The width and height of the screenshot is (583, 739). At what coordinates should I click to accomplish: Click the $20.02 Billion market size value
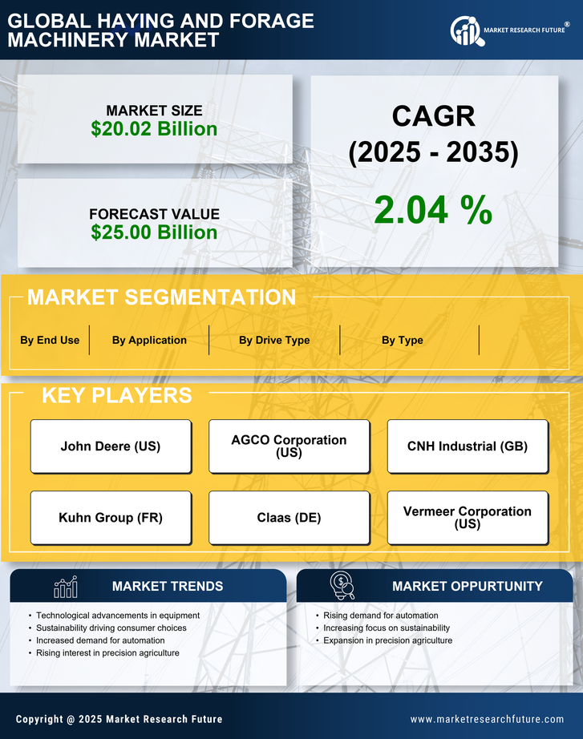click(154, 129)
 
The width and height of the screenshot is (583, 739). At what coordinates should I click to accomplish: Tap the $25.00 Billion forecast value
click(154, 232)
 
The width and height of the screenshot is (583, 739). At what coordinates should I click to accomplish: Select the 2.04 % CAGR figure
click(433, 210)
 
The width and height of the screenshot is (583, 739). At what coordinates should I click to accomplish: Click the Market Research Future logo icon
click(466, 31)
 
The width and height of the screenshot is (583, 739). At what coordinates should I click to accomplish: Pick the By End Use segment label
click(50, 340)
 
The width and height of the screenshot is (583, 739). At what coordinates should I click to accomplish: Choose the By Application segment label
click(149, 340)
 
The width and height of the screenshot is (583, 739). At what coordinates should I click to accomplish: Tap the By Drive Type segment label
click(274, 340)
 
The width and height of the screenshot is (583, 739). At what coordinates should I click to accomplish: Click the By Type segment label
click(403, 340)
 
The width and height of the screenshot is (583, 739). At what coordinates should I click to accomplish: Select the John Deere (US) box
click(111, 446)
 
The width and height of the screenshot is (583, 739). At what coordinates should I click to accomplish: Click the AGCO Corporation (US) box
click(289, 446)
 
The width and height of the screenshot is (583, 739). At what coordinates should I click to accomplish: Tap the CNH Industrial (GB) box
click(468, 446)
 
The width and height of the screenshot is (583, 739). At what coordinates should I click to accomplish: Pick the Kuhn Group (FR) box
click(111, 518)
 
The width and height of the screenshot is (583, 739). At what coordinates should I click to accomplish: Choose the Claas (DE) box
click(289, 518)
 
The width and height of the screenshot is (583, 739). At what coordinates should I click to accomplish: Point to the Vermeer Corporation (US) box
click(468, 518)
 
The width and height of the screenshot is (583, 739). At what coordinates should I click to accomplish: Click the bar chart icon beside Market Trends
click(65, 587)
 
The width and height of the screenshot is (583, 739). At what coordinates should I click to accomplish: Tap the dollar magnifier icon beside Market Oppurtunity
click(342, 586)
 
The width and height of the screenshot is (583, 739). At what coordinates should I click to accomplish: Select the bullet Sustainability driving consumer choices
click(111, 628)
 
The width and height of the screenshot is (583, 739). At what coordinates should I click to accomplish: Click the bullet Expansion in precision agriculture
click(388, 640)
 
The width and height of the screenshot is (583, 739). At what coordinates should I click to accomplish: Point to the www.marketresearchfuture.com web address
click(487, 719)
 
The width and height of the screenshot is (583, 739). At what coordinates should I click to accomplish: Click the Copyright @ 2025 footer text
click(119, 719)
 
